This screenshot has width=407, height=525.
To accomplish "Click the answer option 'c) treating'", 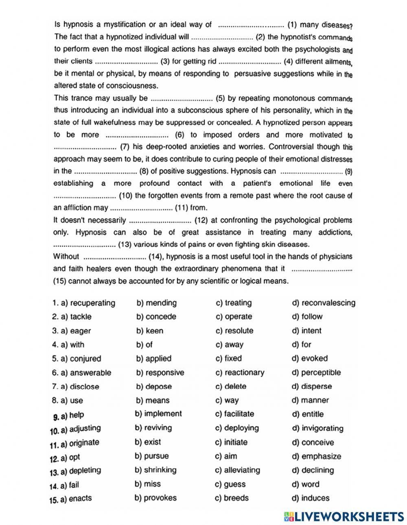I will (234, 303).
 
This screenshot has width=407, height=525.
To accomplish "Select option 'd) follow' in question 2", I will (307, 317).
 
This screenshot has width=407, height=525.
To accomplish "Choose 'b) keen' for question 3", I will (149, 331).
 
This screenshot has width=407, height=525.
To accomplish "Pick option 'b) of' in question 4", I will (144, 345).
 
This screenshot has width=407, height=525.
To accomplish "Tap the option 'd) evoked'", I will (310, 359).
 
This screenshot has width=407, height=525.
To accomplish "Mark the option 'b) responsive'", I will (160, 373).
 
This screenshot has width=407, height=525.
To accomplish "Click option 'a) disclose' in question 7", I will (80, 387).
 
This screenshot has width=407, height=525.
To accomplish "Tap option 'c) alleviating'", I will (237, 470).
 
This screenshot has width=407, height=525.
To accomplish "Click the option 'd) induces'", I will (311, 498).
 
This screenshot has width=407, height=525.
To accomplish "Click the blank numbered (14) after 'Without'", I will (115, 257).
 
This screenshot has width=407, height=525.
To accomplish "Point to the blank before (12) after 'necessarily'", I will (160, 221).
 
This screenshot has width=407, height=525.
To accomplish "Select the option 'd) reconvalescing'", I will (324, 303).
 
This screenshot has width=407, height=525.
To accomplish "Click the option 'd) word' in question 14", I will (306, 484).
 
